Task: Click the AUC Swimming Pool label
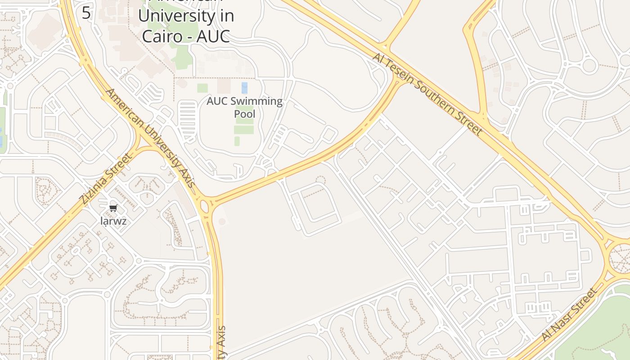(244, 107)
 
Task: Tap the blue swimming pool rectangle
(244, 87)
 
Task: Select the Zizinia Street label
(107, 178)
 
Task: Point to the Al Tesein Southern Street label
(427, 94)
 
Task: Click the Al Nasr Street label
(570, 314)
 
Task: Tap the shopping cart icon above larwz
(113, 208)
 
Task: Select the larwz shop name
(113, 221)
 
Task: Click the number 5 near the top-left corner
(86, 13)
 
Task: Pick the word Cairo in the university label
(161, 36)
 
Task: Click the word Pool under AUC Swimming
(244, 114)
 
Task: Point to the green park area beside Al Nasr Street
(598, 333)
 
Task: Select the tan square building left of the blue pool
(224, 86)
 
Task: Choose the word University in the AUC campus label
(185, 16)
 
